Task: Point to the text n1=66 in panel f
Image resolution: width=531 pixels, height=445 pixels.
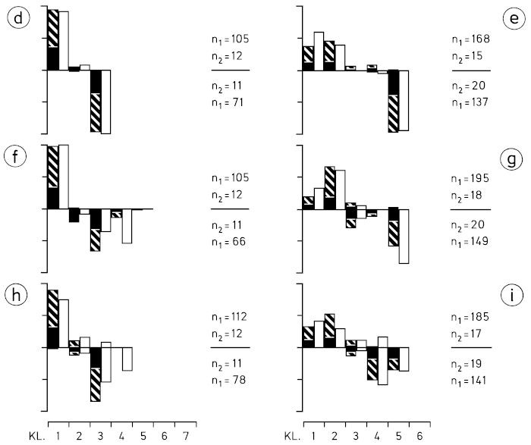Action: click(x=229, y=241)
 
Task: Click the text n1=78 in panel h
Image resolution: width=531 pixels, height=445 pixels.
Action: click(x=229, y=380)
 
